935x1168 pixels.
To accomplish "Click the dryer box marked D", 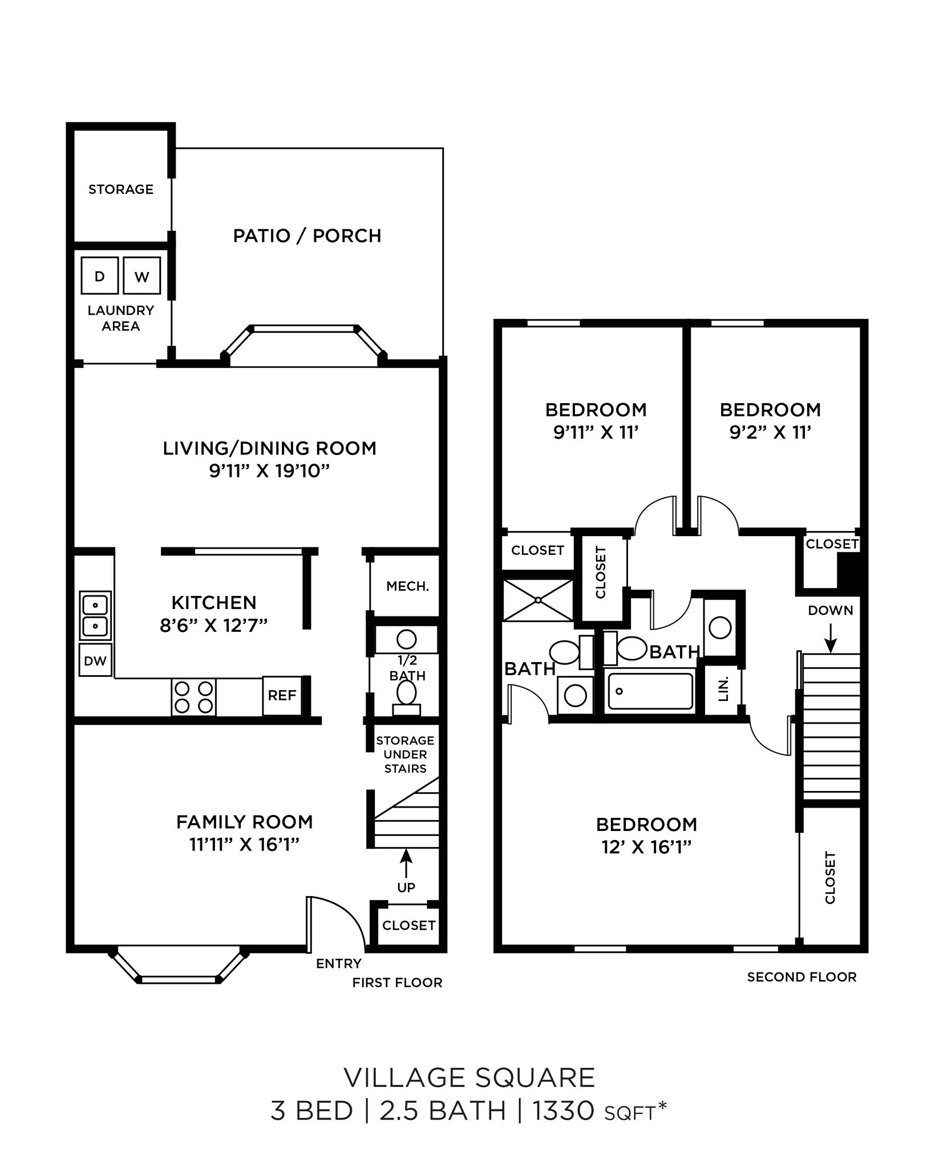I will coord(100,276).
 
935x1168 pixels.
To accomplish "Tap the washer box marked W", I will coord(141,276).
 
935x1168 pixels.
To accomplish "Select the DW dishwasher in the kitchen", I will coord(95,660).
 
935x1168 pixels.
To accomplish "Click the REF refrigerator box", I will coord(282,695).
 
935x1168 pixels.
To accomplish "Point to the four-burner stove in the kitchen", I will coord(193,697).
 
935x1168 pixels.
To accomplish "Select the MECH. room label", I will coord(407,586).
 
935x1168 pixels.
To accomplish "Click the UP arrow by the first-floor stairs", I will coord(406,863).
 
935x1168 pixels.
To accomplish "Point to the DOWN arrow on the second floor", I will coord(830,638).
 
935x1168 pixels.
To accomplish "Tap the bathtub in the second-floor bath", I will coord(650,691).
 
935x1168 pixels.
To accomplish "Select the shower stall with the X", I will coord(537,600).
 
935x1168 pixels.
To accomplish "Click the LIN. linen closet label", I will coord(723,689).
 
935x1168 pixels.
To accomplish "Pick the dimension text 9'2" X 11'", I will coord(770,433).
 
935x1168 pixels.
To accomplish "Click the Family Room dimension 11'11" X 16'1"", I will coord(244,844).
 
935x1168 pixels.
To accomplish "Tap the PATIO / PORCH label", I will coord(307,236).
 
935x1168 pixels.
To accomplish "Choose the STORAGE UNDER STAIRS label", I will coord(405,755).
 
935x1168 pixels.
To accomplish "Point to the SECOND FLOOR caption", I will coord(802,977).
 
